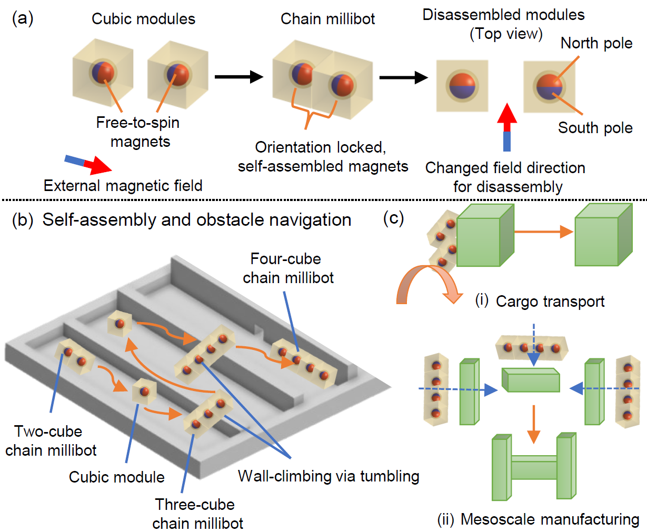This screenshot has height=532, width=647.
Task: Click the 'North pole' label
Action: pos(596,43)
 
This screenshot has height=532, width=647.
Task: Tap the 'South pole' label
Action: pos(595,128)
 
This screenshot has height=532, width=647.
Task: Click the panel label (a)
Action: pos(23,19)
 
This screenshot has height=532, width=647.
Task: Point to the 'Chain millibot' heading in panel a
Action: pos(327,19)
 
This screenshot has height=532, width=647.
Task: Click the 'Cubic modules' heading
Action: pos(143,19)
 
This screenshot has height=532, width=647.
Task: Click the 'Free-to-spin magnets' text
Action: pos(138,132)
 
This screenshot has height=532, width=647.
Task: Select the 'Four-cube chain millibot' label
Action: pos(287,268)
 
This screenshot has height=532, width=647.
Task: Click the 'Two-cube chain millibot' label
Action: pos(50,441)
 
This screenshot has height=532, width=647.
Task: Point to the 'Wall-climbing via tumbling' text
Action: pos(329,476)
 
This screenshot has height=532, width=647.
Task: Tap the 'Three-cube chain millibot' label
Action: pos(197,514)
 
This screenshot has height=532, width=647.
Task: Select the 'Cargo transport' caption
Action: pos(550,302)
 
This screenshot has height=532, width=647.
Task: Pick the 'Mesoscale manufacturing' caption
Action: pos(549,519)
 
